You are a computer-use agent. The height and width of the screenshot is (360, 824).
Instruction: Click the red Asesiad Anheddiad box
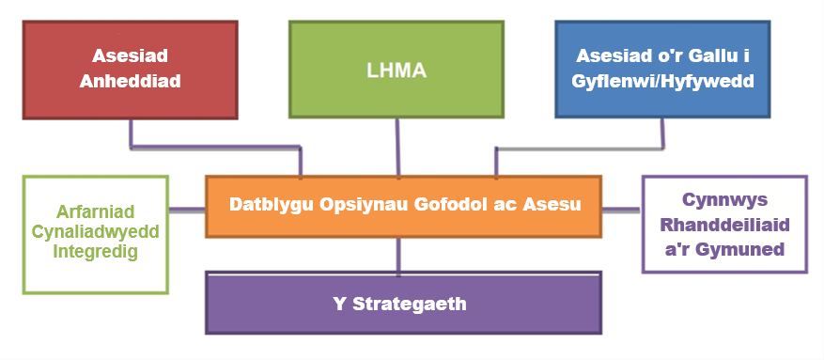tap(129, 69)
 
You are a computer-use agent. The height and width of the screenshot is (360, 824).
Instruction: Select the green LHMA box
tap(396, 69)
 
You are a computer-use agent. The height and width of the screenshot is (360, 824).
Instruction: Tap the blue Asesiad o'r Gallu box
tap(663, 69)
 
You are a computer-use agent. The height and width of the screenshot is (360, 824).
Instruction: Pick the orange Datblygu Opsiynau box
tap(403, 205)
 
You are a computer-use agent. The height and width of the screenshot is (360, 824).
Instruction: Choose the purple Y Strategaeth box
tap(403, 303)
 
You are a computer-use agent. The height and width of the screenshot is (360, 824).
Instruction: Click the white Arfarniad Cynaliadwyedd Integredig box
tap(95, 233)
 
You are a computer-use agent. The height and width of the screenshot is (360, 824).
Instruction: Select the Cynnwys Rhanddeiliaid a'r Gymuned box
tap(724, 225)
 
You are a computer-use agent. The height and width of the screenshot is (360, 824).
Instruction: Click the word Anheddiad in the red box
tap(130, 81)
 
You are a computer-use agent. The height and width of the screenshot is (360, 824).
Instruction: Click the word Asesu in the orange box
tap(554, 205)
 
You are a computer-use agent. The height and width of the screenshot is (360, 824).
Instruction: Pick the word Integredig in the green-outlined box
tap(95, 251)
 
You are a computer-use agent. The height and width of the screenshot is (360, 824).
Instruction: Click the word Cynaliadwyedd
tap(95, 233)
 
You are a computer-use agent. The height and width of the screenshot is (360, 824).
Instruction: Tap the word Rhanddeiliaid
tap(724, 225)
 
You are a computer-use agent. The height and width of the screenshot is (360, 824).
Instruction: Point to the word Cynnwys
tap(724, 200)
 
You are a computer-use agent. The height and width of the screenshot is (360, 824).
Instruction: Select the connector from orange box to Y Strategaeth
tap(399, 256)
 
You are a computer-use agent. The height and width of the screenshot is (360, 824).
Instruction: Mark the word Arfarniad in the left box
tap(95, 215)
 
